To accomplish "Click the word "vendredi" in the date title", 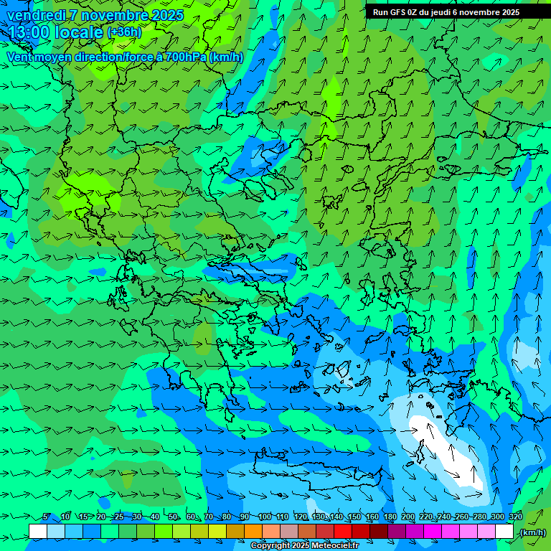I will click(x=34, y=15).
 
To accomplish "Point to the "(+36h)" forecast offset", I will click(x=124, y=32).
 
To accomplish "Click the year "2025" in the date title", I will click(x=167, y=15).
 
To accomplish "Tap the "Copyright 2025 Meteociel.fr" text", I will click(x=304, y=546).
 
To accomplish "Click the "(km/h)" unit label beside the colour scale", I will click(x=532, y=532).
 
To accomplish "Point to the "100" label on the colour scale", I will click(x=265, y=517).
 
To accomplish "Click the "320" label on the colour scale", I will click(x=515, y=517).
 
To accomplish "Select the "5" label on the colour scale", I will click(x=47, y=517).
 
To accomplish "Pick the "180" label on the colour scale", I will click(x=390, y=517).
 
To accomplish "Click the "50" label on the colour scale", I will click(x=173, y=517).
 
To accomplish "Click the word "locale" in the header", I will click(x=78, y=32).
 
